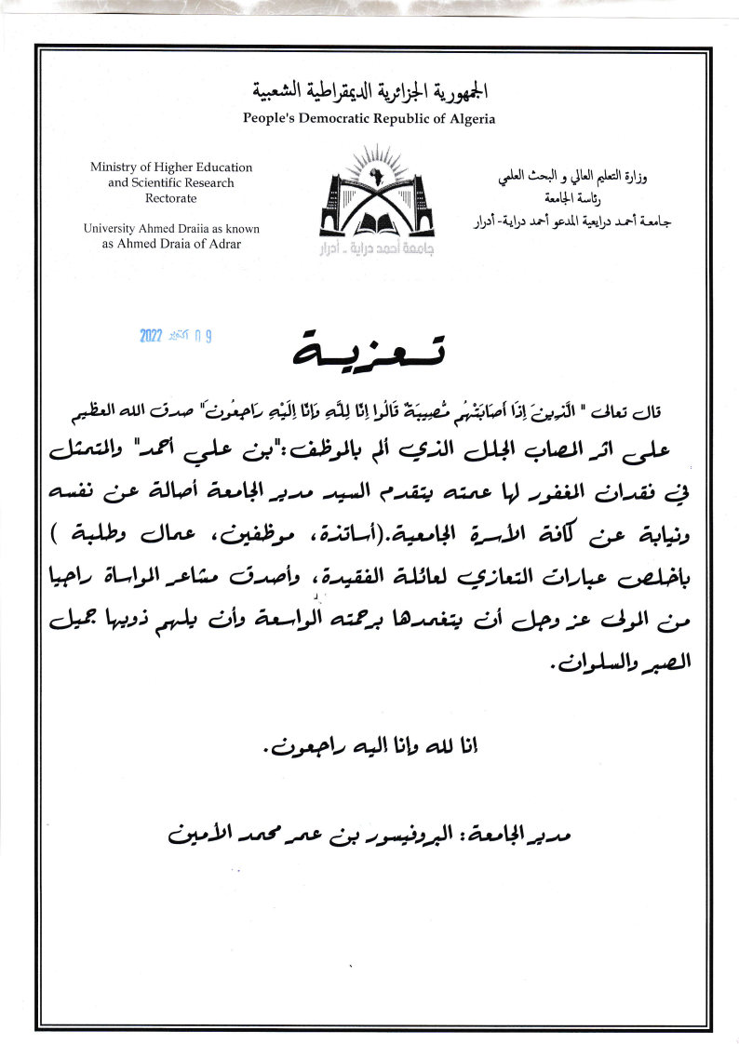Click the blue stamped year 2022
tap(152, 336)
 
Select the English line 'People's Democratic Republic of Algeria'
tap(369, 118)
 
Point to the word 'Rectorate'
tap(171, 198)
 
